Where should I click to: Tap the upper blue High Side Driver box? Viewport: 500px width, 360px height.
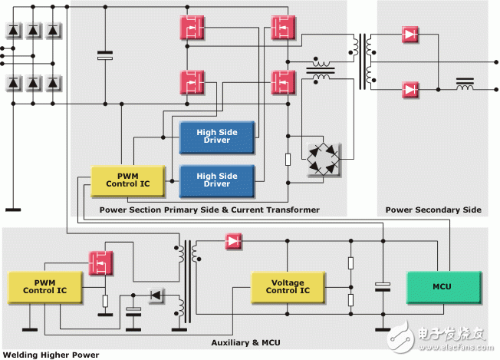coord(217,136)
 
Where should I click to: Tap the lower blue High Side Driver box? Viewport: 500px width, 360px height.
coord(217,180)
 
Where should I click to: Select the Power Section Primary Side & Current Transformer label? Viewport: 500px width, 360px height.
coord(209,210)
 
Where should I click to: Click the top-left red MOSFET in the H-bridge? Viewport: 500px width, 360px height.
coord(192,28)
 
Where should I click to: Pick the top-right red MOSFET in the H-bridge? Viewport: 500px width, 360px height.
coord(283,28)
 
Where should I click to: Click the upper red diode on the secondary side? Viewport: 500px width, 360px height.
coord(410,35)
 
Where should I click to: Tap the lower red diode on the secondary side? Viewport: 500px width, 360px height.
coord(410,90)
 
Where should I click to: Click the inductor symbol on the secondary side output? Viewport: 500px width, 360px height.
coord(464,84)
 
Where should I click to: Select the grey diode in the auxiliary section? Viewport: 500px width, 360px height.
coord(157,295)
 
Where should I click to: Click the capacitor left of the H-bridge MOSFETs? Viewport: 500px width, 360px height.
coord(104,55)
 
